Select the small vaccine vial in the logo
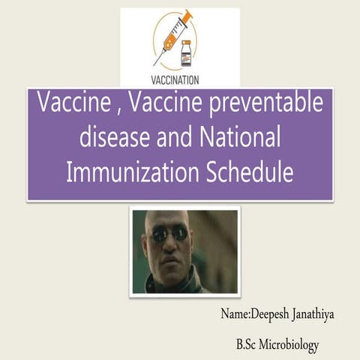point(186,53)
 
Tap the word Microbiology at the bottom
point(289,345)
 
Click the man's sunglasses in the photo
point(169,234)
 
